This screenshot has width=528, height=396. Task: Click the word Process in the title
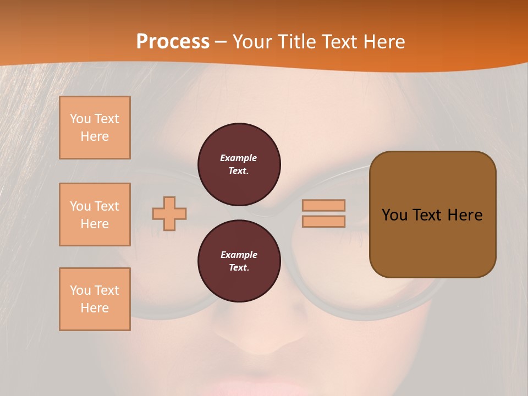point(173,42)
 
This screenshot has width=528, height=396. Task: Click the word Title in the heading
point(296,42)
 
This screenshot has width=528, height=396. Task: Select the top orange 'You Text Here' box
point(95,128)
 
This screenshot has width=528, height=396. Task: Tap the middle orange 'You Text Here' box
point(95,215)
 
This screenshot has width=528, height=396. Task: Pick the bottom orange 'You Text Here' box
point(95,299)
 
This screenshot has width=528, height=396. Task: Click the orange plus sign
point(169,213)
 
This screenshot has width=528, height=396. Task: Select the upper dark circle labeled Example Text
point(239,164)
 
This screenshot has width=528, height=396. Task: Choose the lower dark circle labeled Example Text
point(239,261)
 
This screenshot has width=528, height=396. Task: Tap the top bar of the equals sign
point(324,205)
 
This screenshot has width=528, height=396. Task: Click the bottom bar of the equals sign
point(324,221)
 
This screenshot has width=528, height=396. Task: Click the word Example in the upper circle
point(239,158)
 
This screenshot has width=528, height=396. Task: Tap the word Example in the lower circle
point(239,255)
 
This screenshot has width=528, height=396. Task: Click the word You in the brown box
point(394,215)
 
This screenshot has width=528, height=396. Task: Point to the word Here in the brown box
point(465,215)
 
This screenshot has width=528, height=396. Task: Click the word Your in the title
point(252,42)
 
